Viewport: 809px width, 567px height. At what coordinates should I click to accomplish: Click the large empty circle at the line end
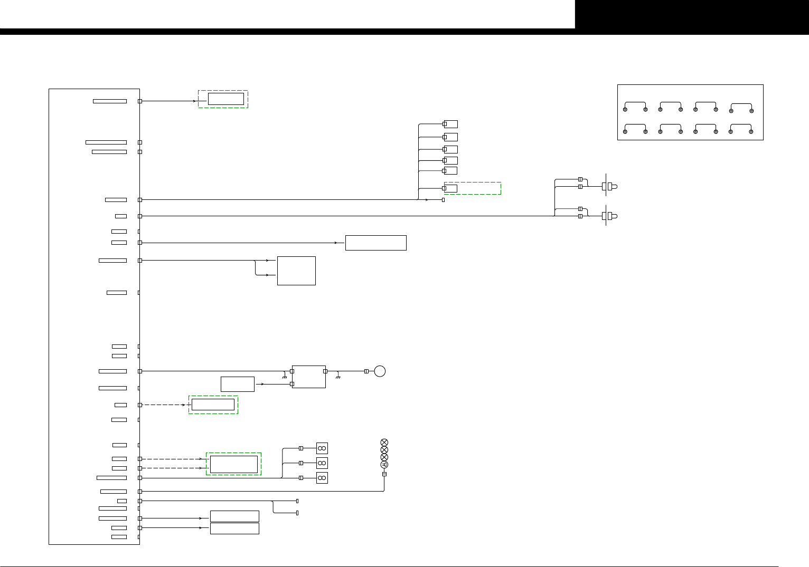tap(379, 371)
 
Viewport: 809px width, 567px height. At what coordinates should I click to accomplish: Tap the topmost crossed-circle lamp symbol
tap(384, 443)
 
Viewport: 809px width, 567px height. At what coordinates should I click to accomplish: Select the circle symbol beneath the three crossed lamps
tap(384, 465)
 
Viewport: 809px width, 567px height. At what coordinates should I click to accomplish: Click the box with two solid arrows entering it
tap(296, 271)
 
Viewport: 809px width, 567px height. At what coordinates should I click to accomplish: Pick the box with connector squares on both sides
tap(308, 377)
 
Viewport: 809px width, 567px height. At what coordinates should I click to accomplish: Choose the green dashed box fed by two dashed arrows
tap(233, 464)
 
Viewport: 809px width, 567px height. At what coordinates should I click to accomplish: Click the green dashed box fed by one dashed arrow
tap(213, 405)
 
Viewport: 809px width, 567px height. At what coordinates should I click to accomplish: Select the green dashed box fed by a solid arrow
tap(223, 99)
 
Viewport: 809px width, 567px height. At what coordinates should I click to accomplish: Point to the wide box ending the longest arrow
tap(375, 243)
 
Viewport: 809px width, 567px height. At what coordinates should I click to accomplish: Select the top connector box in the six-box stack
tap(450, 124)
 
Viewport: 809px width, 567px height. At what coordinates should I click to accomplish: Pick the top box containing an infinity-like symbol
tap(322, 448)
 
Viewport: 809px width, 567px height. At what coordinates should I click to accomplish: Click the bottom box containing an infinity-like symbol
tap(322, 478)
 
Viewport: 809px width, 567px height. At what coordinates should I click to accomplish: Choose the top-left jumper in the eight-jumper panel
tap(635, 107)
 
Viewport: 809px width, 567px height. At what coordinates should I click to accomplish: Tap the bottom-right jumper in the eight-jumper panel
tap(741, 129)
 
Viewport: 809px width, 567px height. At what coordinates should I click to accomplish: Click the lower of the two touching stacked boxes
tap(234, 528)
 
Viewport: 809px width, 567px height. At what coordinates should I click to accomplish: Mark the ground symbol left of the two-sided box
tap(285, 377)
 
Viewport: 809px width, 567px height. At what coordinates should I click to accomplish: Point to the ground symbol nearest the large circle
tap(338, 377)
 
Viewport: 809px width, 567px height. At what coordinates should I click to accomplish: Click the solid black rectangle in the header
tap(692, 14)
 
